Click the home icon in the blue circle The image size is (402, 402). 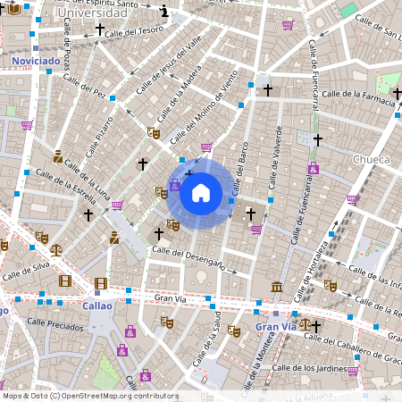tap(201, 193)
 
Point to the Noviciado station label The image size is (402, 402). tap(36, 61)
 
